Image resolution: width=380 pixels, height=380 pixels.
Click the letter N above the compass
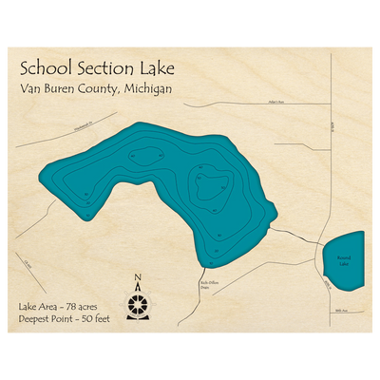139,278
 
